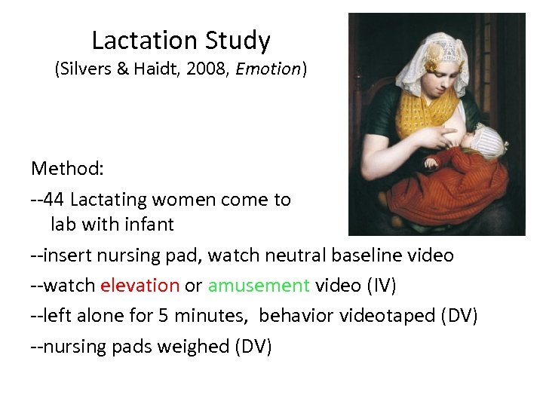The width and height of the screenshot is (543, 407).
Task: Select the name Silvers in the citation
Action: point(84,69)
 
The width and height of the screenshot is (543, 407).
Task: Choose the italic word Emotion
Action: point(268,69)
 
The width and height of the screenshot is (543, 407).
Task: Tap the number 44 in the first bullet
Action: point(54,200)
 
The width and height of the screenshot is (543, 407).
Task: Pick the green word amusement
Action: point(259,286)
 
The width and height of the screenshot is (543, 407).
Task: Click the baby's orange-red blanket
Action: point(452,188)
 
